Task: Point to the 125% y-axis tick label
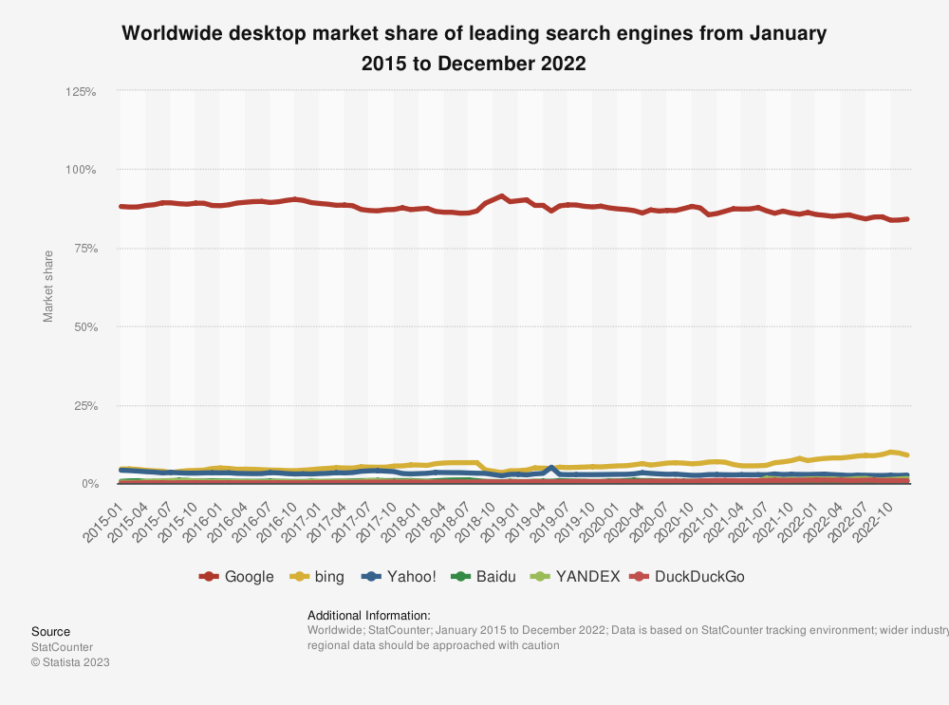click(x=81, y=92)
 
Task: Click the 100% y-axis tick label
click(x=81, y=170)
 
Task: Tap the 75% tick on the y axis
click(x=84, y=249)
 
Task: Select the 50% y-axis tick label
click(x=84, y=327)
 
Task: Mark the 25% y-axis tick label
click(x=84, y=406)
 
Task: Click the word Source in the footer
click(x=50, y=632)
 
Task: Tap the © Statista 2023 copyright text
click(x=70, y=662)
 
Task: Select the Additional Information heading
click(x=368, y=615)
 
